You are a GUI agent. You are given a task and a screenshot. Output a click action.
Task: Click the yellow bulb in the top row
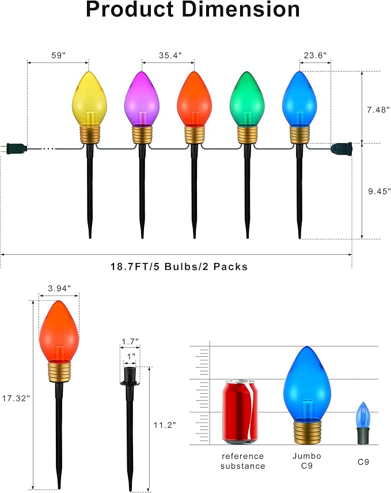pyautogui.click(x=89, y=98)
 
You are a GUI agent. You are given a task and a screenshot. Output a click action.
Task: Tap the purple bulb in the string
pyautogui.click(x=142, y=98)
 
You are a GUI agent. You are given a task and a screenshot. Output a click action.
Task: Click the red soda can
pyautogui.click(x=240, y=411)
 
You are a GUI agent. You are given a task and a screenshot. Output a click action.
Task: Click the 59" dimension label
pyautogui.click(x=58, y=55)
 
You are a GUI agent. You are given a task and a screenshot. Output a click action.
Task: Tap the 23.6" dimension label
pyautogui.click(x=315, y=55)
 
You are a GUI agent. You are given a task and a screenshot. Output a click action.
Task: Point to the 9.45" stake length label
pyautogui.click(x=378, y=191)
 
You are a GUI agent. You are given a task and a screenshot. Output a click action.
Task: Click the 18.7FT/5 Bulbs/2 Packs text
pyautogui.click(x=179, y=266)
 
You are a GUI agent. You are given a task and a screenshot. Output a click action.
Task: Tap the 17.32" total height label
pyautogui.click(x=15, y=398)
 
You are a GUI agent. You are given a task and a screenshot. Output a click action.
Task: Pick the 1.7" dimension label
pyautogui.click(x=130, y=341)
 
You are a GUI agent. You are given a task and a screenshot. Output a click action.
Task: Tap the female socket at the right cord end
pyautogui.click(x=341, y=148)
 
